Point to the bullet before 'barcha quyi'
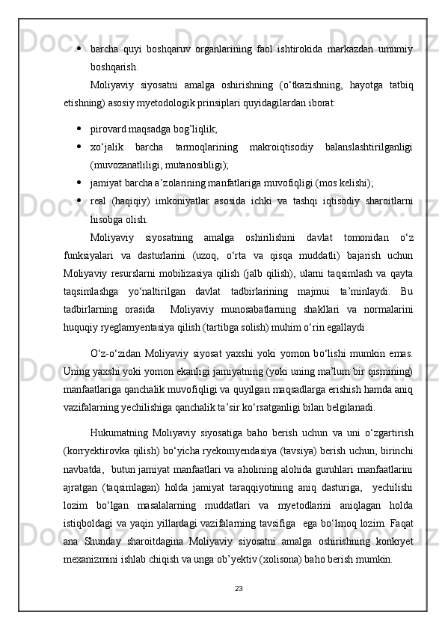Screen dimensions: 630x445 pyautogui.click(x=79, y=49)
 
